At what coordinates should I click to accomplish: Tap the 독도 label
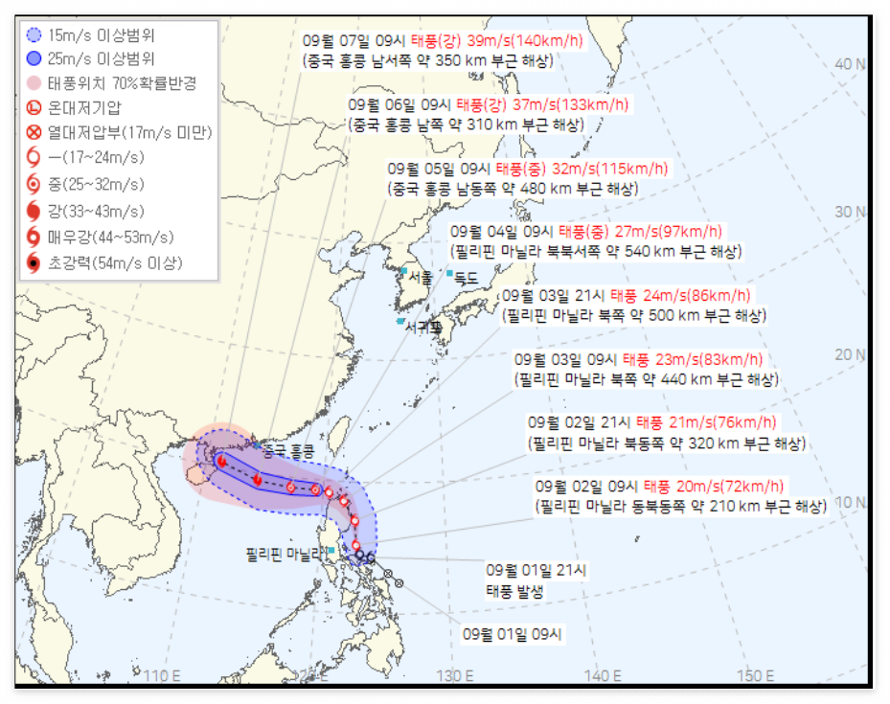pos(465,278)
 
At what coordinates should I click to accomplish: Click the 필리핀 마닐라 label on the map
pos(281,554)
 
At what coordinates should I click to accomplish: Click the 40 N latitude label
pos(850,63)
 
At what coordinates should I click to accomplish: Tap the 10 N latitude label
pos(850,501)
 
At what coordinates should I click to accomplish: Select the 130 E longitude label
pos(455,675)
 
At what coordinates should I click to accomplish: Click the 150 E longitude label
pos(756,675)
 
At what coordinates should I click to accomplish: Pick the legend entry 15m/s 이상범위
pos(94,34)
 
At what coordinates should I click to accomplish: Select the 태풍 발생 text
pos(514,591)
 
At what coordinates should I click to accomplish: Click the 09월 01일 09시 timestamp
pos(513,633)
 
